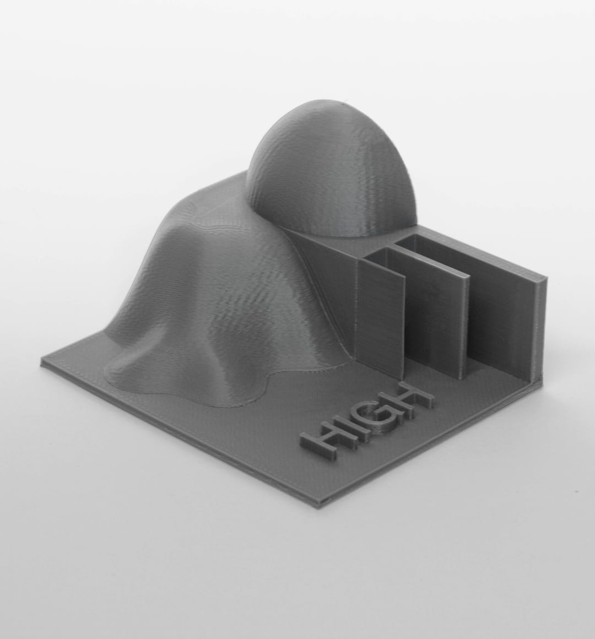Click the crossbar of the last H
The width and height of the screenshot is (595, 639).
point(411,398)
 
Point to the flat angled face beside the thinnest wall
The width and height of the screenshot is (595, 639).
point(331,286)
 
